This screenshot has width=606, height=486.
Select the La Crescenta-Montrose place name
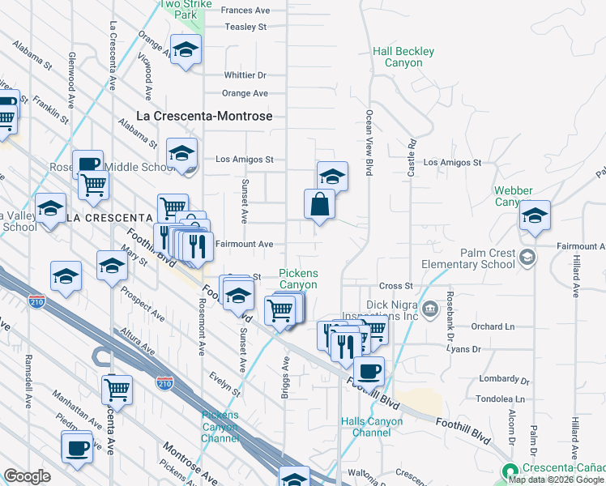click(204, 116)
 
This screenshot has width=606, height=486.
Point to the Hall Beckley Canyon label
click(403, 57)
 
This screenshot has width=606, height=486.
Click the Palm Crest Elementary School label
click(468, 258)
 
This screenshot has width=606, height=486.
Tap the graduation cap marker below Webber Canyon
click(535, 215)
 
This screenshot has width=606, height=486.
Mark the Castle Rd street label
click(412, 153)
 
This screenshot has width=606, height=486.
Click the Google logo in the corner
click(27, 476)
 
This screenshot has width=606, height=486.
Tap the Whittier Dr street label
click(245, 75)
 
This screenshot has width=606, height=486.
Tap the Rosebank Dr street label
click(451, 305)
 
